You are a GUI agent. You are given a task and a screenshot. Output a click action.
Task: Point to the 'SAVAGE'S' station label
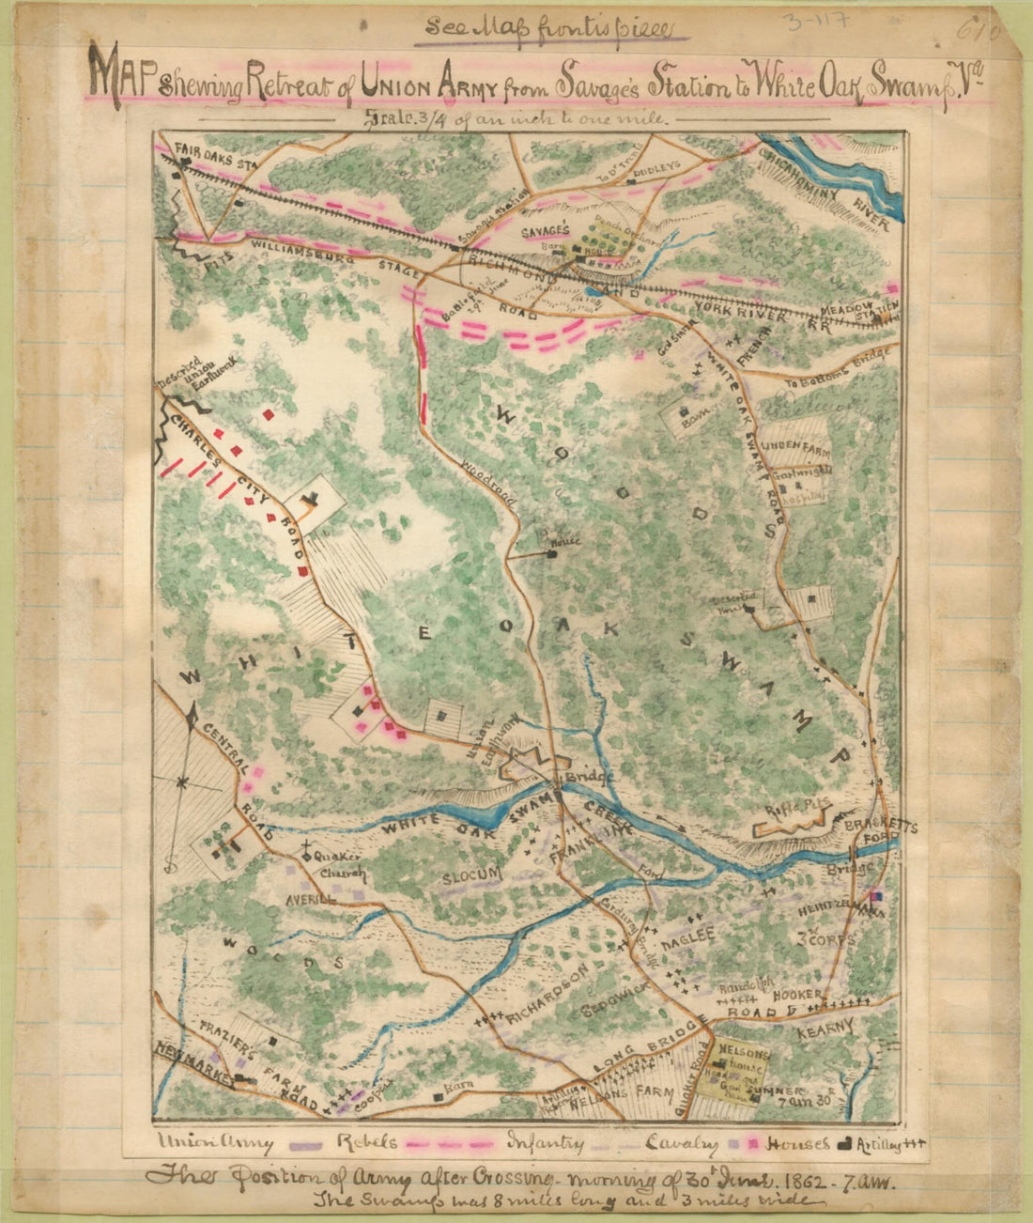[546, 230]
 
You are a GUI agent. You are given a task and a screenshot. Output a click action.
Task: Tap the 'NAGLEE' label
[688, 935]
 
